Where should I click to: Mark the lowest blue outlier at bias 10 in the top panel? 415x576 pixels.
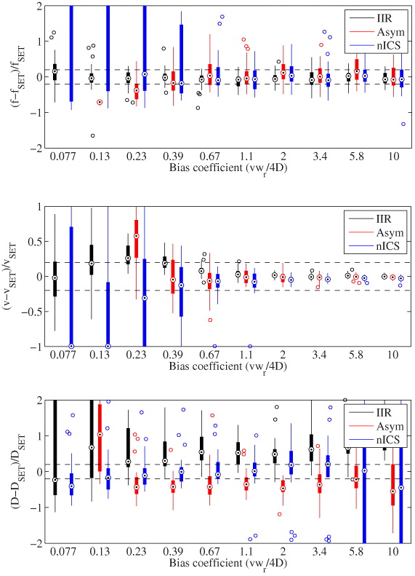[403, 124]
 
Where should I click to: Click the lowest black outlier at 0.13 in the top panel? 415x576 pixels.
[92, 135]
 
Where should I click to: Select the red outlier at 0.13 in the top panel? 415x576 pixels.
[100, 102]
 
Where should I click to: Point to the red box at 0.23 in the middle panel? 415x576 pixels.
[137, 239]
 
